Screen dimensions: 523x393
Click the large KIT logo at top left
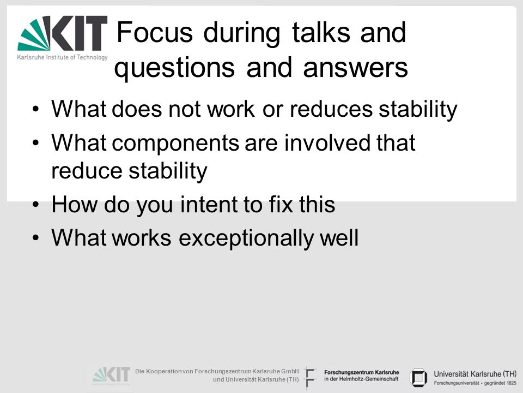pos(62,38)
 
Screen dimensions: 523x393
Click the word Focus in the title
pos(155,32)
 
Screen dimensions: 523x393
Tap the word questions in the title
pos(174,68)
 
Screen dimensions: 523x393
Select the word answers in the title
pos(356,68)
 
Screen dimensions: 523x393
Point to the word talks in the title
pos(321,32)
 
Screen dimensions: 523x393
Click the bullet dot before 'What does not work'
pos(36,109)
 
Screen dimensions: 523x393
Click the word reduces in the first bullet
pos(331,109)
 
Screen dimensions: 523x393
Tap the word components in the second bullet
pos(175,144)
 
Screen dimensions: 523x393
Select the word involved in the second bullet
pos(327,142)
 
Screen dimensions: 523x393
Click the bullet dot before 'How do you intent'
pos(36,205)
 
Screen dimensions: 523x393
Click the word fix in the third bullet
pos(281,205)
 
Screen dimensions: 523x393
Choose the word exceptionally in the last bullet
pos(246,239)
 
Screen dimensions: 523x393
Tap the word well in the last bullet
pos(339,238)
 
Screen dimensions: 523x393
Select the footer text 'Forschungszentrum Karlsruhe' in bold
pos(362,372)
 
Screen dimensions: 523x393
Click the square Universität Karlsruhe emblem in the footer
pos(418,378)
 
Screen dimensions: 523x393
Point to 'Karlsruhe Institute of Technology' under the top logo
pos(62,57)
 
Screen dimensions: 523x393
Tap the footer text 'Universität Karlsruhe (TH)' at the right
pos(475,374)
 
